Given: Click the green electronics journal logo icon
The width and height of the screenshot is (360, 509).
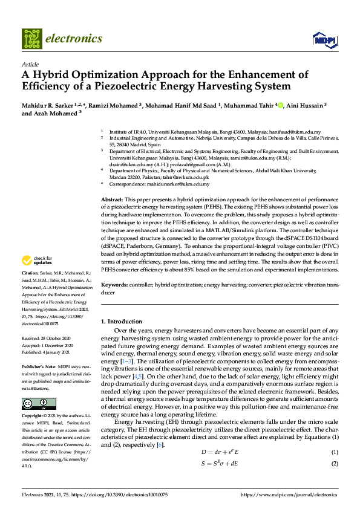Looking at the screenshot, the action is tap(31, 38).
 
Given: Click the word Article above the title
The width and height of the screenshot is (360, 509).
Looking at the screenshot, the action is tap(30, 64).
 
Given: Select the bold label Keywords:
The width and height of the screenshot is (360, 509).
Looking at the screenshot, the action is tap(114, 284).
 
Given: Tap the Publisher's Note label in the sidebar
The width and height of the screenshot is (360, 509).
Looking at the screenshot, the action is tap(40, 367).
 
